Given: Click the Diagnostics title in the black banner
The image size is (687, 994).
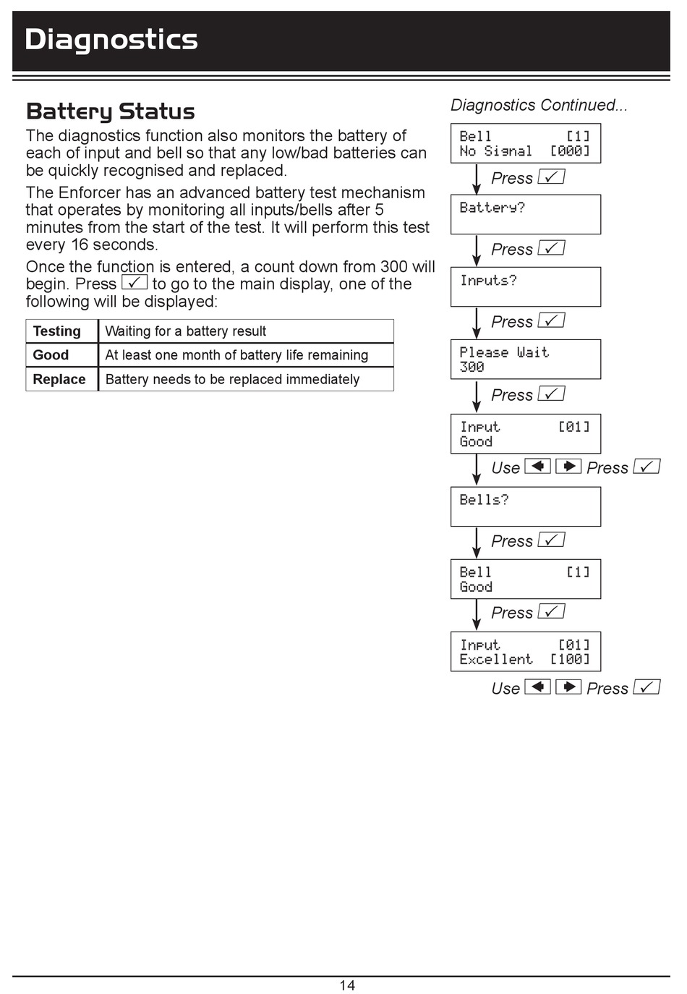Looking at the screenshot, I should click(111, 40).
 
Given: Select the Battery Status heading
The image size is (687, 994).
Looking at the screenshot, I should click(111, 111).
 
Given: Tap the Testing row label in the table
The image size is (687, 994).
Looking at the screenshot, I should click(57, 331).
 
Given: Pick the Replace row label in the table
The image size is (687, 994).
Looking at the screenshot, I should click(59, 380).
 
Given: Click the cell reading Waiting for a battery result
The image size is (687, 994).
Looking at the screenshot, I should click(186, 331).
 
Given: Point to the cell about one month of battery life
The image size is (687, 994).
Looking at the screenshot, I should click(236, 355).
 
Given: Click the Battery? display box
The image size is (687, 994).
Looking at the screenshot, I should click(525, 214).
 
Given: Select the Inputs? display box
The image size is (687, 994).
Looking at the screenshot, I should click(525, 286).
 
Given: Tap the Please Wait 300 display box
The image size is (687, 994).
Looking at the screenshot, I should click(525, 360).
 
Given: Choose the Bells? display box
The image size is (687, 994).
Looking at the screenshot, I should click(525, 506).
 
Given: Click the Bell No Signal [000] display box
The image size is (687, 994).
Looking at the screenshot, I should click(525, 143).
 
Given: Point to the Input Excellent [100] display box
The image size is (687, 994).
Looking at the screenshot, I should click(525, 652).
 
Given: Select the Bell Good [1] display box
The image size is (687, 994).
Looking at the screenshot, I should click(525, 579).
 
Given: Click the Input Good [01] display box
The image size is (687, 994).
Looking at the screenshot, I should click(525, 433).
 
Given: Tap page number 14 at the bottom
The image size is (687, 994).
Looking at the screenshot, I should click(347, 985).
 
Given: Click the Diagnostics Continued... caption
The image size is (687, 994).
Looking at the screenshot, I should click(539, 106).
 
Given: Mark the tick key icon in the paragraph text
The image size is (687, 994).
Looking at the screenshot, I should click(135, 282).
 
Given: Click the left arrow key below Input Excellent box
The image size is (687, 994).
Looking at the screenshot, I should click(537, 687).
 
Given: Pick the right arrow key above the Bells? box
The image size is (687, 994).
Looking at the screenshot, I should click(568, 466).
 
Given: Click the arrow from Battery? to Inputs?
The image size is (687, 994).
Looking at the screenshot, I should click(477, 251).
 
